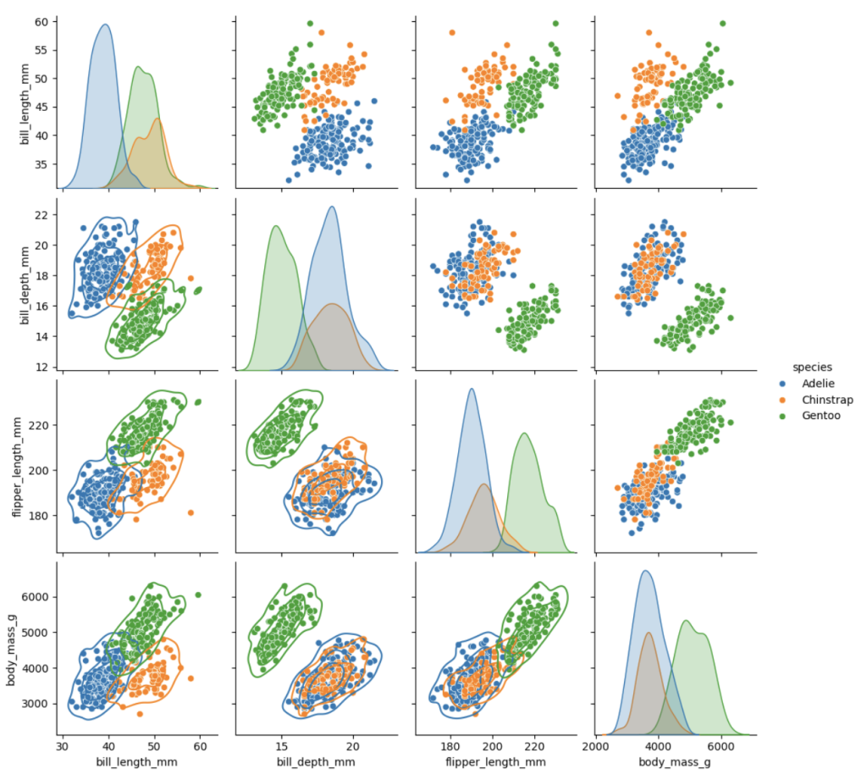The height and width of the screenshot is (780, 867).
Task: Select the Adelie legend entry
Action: tap(816, 384)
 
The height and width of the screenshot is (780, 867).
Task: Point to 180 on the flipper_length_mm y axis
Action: tap(39, 515)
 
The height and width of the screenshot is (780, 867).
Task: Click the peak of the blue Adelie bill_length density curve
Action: tap(105, 25)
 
